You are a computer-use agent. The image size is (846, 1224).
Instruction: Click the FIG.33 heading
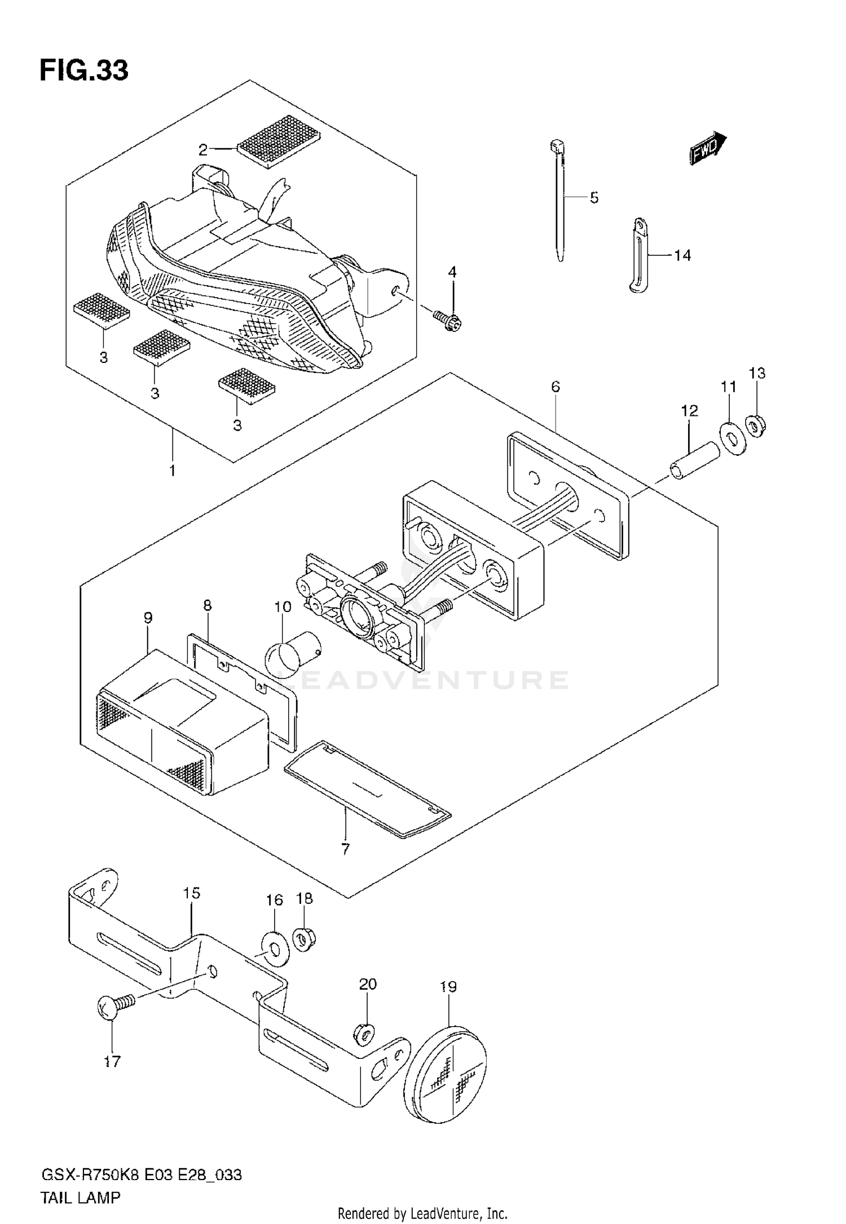click(84, 72)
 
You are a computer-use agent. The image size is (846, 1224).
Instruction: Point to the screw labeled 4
click(448, 321)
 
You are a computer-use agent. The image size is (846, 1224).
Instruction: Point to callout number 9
click(148, 618)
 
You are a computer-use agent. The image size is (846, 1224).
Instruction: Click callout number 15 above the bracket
click(192, 893)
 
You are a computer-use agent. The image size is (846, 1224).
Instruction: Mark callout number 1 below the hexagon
click(173, 470)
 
